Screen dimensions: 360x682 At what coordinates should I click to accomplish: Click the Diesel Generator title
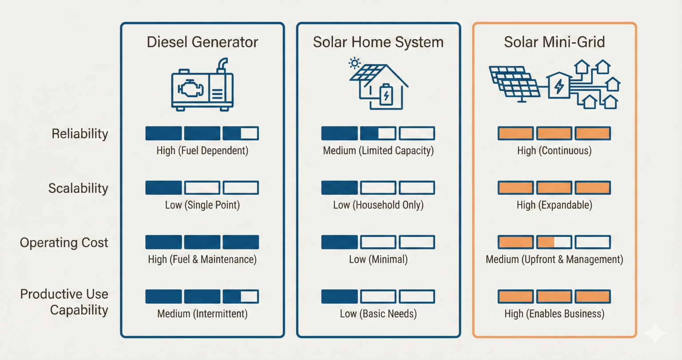(202, 42)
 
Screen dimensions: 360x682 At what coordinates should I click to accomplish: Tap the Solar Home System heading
(378, 42)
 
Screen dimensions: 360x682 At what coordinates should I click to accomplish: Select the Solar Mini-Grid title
(554, 42)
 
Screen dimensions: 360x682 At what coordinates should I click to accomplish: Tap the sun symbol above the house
(354, 63)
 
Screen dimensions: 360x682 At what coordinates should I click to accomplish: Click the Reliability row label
(80, 134)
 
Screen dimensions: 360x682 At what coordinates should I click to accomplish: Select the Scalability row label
(78, 188)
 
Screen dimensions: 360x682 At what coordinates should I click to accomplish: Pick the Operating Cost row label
(64, 243)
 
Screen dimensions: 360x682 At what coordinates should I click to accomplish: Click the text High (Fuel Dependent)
(202, 151)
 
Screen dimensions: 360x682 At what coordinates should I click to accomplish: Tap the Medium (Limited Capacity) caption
(378, 151)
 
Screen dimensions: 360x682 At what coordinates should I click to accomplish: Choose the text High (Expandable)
(554, 205)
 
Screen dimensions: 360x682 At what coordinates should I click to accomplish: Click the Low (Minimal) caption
(378, 260)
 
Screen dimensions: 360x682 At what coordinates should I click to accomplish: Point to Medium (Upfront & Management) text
(554, 260)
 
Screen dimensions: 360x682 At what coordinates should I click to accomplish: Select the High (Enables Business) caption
(554, 314)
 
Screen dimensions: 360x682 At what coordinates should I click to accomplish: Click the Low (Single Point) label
(202, 205)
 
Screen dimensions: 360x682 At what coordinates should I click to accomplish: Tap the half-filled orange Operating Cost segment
(554, 242)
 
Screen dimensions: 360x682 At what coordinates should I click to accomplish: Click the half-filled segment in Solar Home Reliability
(378, 133)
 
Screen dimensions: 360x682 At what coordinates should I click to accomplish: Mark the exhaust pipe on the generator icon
(222, 65)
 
